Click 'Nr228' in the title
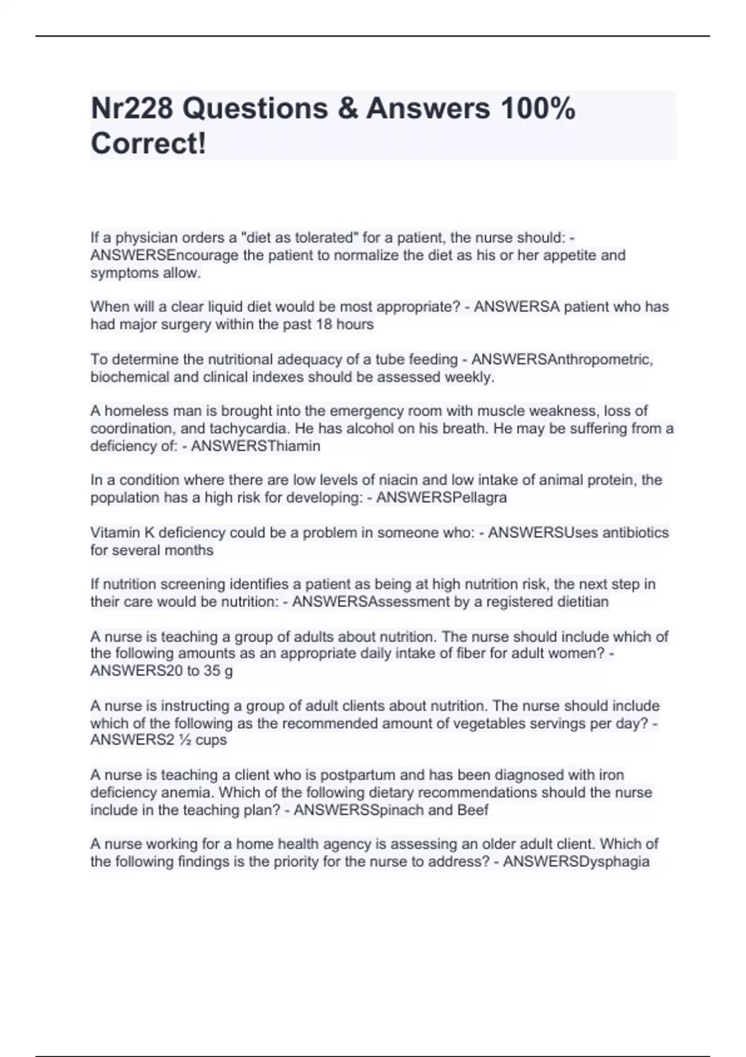point(132,109)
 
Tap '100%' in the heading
point(538,109)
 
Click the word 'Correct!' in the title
point(148,144)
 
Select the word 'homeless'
point(128,411)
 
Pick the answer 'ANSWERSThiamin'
point(256,446)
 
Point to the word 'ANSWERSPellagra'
point(441,497)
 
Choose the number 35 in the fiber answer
point(212,672)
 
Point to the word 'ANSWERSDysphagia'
point(576,862)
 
